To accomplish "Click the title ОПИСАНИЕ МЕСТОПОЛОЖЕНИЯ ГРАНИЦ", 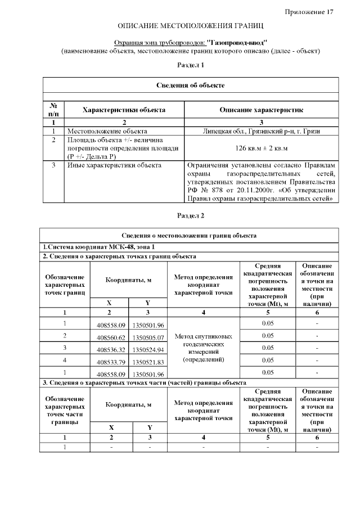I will (x=190, y=26).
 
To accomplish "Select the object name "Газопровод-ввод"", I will (x=236, y=42).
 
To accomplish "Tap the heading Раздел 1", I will (x=191, y=65).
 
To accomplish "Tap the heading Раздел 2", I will (x=191, y=215).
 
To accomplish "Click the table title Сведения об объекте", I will (x=190, y=85).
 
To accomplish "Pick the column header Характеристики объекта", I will (x=124, y=110).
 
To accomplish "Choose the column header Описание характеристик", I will (x=261, y=110).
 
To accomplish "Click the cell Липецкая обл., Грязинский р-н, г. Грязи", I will (x=262, y=130).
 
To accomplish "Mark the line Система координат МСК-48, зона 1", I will (x=98, y=247).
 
